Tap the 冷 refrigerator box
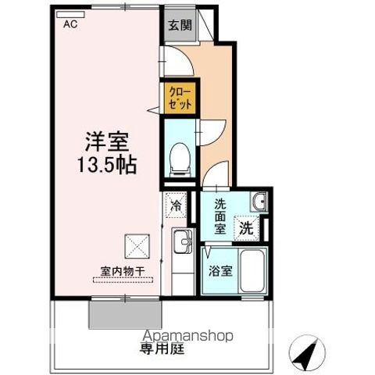point(176,208)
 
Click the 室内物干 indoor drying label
point(123,271)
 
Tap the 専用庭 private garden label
point(162,348)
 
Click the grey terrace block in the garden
point(125,314)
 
